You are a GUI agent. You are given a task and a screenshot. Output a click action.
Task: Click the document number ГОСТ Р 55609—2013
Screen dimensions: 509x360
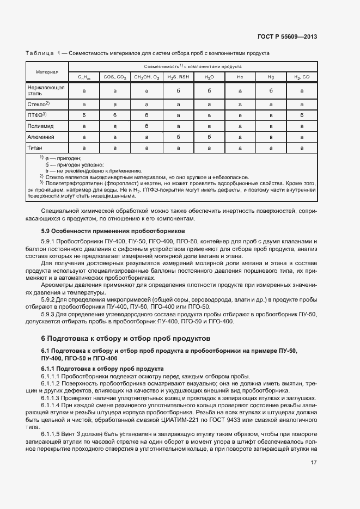point(287,37)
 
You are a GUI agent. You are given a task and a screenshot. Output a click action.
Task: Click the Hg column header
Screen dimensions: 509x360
point(271,77)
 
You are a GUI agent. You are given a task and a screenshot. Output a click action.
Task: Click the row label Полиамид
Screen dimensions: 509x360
point(40,126)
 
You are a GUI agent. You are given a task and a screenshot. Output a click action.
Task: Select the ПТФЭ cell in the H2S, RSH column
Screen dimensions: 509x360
point(178,115)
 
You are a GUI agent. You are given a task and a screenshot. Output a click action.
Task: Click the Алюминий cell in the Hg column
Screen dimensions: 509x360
point(271,137)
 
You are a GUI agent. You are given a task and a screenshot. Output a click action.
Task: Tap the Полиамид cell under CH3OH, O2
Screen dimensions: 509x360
point(147,126)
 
